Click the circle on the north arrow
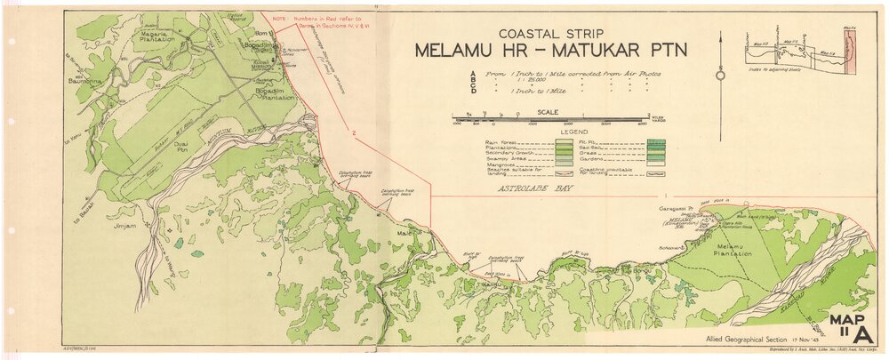pos(719,75)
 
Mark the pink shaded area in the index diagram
pos(845,53)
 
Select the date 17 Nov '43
pos(802,341)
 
